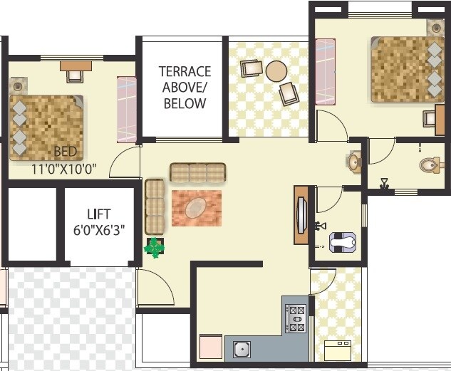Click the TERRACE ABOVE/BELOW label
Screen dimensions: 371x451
[185, 87]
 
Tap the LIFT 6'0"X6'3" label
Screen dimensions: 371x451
[99, 222]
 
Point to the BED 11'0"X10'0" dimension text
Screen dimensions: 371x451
[64, 162]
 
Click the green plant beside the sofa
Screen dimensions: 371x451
[155, 248]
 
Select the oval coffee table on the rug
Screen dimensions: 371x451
[196, 208]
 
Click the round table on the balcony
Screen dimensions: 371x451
[276, 71]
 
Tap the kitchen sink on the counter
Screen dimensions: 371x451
[242, 350]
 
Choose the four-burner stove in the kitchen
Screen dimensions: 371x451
[296, 318]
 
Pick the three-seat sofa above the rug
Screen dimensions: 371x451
[197, 172]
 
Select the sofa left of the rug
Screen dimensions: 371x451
[154, 207]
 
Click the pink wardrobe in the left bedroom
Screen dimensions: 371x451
[126, 109]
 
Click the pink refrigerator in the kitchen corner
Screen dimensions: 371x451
[212, 348]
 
